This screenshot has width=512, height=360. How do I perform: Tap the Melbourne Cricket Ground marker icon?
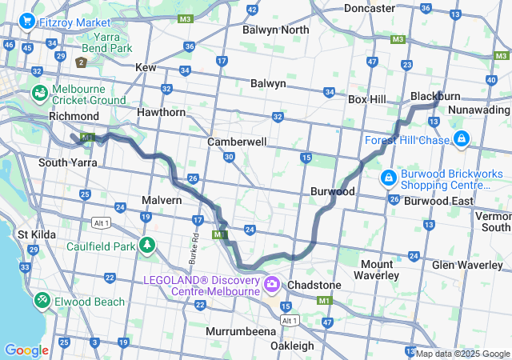39,94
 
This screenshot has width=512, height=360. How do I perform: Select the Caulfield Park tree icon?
146,246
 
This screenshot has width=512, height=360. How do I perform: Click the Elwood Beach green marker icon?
41,301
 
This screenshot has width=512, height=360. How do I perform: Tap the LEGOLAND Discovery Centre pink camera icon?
273,284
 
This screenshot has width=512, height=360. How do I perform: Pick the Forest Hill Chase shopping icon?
461,140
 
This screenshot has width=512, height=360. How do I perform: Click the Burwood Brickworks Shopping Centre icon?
388,175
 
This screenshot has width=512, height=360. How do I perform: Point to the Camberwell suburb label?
237,141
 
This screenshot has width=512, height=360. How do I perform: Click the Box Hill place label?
367,99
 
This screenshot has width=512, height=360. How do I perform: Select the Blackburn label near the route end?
437,96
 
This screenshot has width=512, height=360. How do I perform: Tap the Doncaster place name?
370,8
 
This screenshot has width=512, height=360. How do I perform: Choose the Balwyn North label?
275,30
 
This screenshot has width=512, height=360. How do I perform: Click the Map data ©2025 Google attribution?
462,354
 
